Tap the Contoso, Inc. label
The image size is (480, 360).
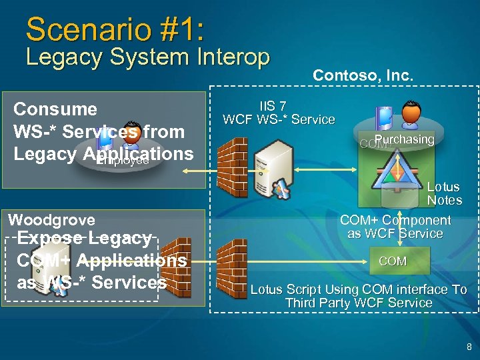(363, 76)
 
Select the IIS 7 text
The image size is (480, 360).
(273, 106)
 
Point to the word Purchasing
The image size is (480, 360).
(404, 139)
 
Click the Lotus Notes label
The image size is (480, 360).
(444, 193)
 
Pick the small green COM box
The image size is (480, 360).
(392, 261)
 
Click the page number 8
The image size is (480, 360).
(469, 347)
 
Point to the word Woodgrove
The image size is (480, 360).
(51, 219)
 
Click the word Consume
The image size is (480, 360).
(55, 109)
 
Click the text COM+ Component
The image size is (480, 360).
(395, 220)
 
